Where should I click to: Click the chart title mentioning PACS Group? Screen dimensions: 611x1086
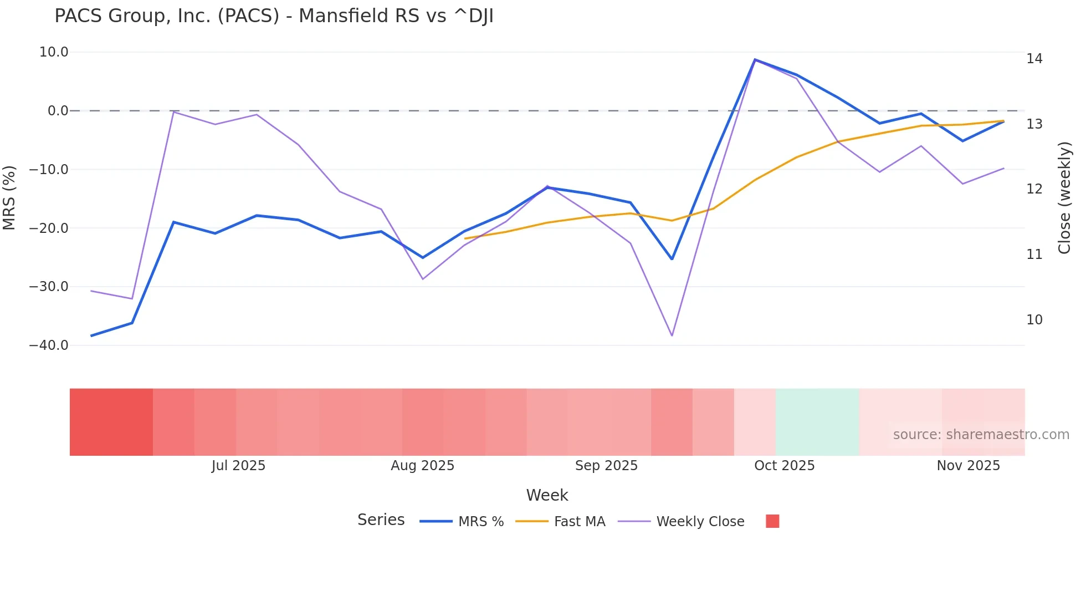(274, 16)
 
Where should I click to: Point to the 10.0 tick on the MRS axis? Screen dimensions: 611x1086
(54, 52)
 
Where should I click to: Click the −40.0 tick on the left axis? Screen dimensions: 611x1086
(49, 345)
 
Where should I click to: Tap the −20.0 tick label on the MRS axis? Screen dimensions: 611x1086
(49, 228)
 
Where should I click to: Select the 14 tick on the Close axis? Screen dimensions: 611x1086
(1034, 59)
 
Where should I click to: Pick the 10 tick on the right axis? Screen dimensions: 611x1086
(1034, 320)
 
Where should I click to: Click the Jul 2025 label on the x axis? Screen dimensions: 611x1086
(238, 466)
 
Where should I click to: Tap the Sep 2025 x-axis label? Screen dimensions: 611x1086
(606, 466)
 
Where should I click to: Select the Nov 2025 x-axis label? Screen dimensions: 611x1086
(968, 466)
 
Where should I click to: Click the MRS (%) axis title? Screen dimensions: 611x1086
(9, 197)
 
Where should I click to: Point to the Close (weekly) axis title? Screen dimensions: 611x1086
(1064, 197)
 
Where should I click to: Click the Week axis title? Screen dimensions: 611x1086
(547, 495)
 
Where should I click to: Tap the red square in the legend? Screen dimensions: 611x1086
(772, 521)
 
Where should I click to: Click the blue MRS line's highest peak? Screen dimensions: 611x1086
(755, 60)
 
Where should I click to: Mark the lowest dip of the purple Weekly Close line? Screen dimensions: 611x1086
(672, 335)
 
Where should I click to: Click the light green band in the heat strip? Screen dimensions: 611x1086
(817, 422)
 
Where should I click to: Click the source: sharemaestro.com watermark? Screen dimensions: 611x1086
(981, 435)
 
